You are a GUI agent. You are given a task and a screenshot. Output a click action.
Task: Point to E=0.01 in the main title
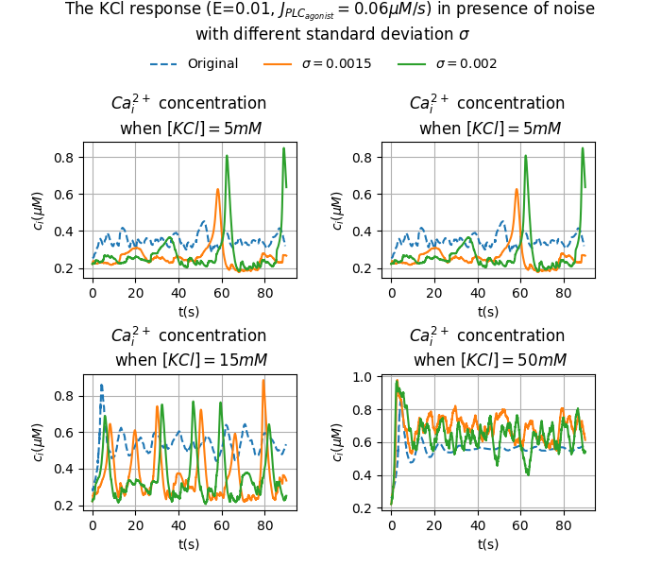241,9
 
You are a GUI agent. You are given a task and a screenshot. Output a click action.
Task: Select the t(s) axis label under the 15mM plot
189,543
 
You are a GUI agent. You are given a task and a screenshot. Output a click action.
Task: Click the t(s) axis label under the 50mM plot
488,543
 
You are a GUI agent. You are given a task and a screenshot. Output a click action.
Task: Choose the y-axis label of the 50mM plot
338,442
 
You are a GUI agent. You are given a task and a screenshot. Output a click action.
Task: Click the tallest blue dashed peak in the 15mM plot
102,385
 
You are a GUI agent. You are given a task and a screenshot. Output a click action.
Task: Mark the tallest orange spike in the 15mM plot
263,381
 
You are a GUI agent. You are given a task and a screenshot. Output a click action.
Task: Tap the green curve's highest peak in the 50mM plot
397,382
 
